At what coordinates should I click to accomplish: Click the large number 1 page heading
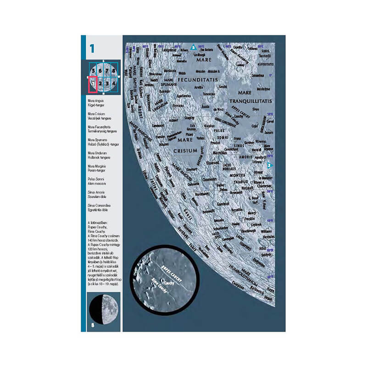click(92, 48)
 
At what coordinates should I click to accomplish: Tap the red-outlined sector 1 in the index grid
click(93, 84)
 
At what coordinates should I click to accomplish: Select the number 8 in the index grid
click(114, 71)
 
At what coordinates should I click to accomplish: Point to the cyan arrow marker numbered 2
click(270, 165)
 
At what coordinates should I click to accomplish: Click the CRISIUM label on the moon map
click(185, 150)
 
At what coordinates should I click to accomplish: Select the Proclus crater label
click(215, 142)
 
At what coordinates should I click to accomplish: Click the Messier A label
click(214, 72)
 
